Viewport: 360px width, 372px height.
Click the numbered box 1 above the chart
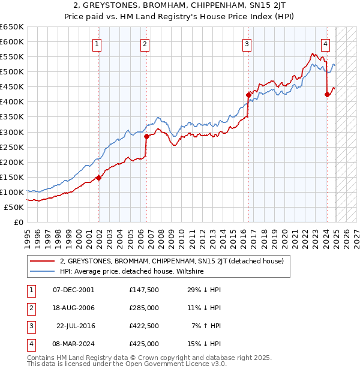click(x=97, y=43)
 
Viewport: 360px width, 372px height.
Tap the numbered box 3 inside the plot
click(x=247, y=43)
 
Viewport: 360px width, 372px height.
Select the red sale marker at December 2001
click(x=98, y=178)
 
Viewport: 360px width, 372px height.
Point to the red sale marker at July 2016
click(x=248, y=95)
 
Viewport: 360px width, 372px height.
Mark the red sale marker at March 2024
click(x=327, y=94)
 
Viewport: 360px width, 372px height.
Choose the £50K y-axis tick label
click(x=14, y=207)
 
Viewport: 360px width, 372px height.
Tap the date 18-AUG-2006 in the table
click(x=73, y=308)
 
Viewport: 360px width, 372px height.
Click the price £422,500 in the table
click(x=144, y=326)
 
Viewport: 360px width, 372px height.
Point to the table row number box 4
click(x=29, y=344)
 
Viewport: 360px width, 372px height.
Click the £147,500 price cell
click(x=144, y=290)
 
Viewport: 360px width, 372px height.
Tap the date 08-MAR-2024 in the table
click(x=73, y=344)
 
